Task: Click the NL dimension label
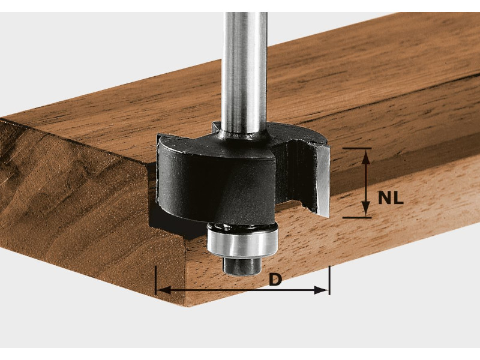pyautogui.click(x=391, y=198)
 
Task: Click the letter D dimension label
pyautogui.click(x=275, y=280)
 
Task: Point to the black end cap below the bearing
pyautogui.click(x=242, y=266)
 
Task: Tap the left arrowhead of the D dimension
pyautogui.click(x=164, y=290)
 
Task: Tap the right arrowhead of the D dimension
pyautogui.click(x=322, y=290)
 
